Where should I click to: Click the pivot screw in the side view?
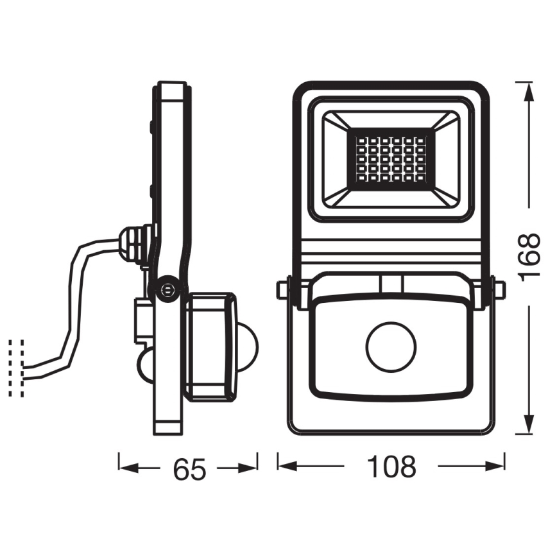pos(169,288)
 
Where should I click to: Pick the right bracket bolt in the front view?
pos(498,290)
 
